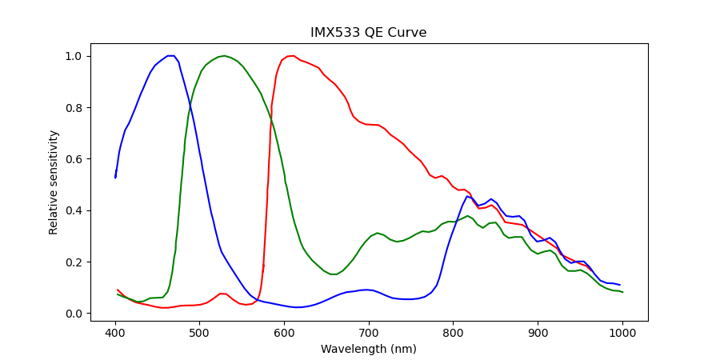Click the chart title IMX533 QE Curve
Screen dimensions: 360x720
point(368,33)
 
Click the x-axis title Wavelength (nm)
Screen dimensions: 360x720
point(368,349)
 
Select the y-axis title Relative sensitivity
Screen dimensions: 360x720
point(54,182)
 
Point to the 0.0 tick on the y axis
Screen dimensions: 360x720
point(77,314)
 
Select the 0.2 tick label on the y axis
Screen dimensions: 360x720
point(77,262)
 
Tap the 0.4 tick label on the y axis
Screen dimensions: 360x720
point(77,210)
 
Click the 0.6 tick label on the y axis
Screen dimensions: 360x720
point(77,159)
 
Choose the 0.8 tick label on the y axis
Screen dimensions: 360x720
point(77,108)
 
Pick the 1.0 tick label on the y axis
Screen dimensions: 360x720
point(77,57)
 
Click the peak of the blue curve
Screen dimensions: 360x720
point(170,56)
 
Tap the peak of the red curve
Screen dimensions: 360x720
point(291,56)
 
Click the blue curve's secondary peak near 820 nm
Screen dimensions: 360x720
point(468,196)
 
